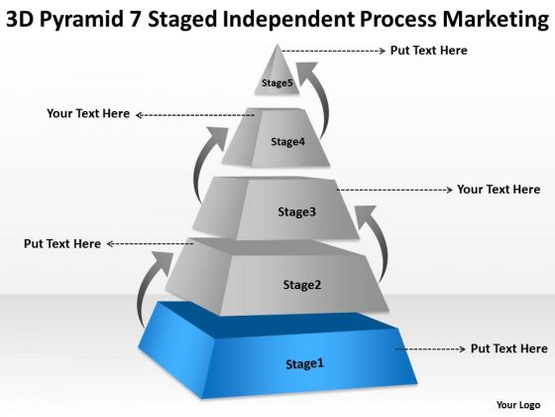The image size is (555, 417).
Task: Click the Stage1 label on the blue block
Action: click(305, 364)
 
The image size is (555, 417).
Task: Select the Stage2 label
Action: click(302, 285)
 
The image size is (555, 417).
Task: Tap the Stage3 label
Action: click(296, 212)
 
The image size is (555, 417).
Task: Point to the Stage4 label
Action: click(287, 142)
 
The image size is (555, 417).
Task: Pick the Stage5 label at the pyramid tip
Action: click(277, 83)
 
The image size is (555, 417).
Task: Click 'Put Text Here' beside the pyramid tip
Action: click(428, 51)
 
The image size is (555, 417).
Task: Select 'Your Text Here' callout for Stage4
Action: click(88, 113)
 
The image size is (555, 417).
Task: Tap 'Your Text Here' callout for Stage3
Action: click(499, 190)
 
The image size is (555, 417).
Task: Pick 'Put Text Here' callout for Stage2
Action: click(62, 244)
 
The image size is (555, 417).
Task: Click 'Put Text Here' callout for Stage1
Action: click(509, 348)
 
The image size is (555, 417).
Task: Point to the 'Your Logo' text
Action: click(518, 405)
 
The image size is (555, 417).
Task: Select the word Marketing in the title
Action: click(496, 20)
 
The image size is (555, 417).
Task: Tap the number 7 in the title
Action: click(135, 19)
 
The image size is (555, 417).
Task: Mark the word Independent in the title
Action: click(288, 19)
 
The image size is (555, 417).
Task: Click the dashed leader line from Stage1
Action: click(430, 348)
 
